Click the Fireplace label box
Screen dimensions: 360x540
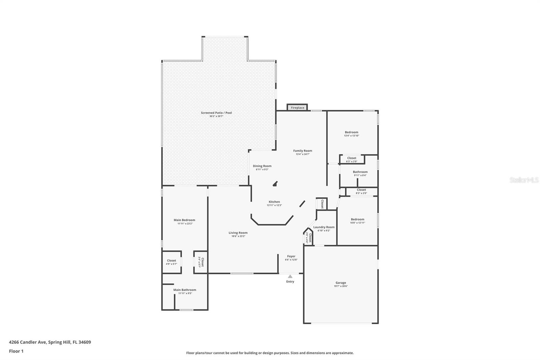[297, 107]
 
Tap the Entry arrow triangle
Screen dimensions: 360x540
[290, 276]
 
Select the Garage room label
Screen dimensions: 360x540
[341, 283]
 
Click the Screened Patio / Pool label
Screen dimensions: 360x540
[216, 113]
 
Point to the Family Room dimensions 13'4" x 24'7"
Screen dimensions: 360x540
[302, 154]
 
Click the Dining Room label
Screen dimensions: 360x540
[262, 166]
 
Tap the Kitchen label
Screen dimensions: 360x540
[274, 202]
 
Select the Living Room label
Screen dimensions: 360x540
[238, 233]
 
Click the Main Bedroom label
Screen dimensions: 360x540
[184, 220]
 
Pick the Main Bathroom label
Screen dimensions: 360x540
[185, 290]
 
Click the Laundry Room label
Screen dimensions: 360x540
[324, 227]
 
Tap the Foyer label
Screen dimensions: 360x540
[291, 256]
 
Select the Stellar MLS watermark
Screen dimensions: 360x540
[524, 180]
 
